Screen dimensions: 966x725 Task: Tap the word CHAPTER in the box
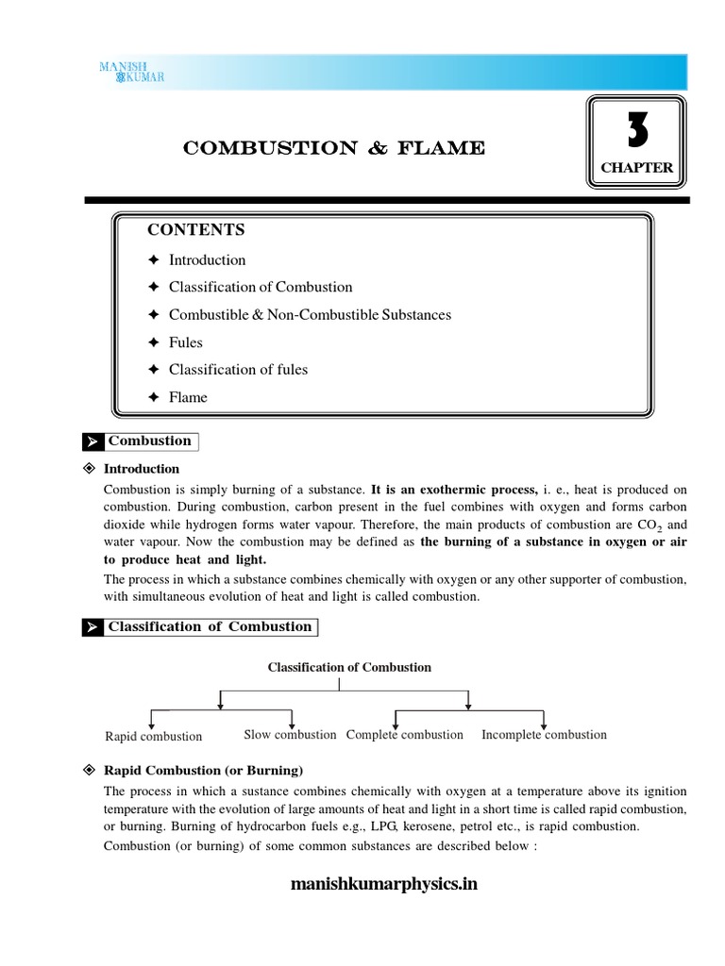coord(637,168)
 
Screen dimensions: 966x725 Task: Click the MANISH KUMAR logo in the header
coord(132,71)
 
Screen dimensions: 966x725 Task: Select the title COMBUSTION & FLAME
coord(334,148)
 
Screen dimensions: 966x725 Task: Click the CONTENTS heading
coord(195,230)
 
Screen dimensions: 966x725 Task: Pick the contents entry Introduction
coord(207,259)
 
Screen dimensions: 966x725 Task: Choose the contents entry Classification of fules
coord(238,369)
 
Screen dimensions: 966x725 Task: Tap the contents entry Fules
coord(185,341)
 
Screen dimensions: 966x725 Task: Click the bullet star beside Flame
coord(154,397)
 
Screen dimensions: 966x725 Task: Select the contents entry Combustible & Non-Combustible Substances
coord(310,314)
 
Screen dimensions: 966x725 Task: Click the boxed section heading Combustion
coord(149,441)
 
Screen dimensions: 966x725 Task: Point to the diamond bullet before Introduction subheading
coord(90,469)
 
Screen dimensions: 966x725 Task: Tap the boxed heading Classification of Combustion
coord(209,626)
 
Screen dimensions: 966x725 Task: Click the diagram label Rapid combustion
coord(153,736)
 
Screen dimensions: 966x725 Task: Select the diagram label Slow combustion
coord(290,734)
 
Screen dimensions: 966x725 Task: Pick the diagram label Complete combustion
coord(404,734)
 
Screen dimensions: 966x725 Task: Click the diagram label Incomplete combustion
coord(544,734)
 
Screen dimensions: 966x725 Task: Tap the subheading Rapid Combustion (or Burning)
coord(203,770)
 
